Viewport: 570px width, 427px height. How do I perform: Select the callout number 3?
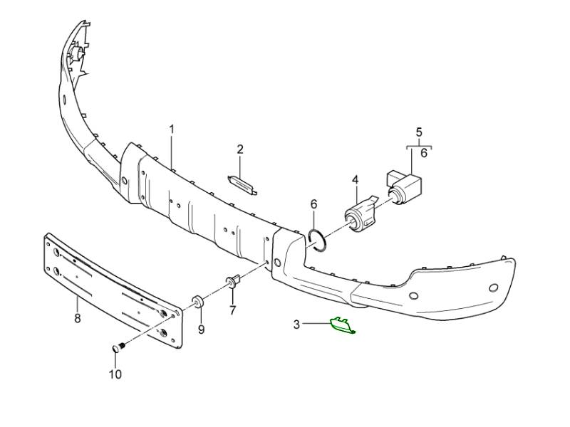(296, 325)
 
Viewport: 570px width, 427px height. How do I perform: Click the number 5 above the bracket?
(419, 132)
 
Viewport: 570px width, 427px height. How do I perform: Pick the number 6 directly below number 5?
(424, 152)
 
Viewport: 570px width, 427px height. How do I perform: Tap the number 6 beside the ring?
(313, 204)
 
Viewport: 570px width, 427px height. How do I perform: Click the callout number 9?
(201, 329)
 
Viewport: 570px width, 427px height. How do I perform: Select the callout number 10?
(115, 374)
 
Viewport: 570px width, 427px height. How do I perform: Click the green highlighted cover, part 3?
(341, 325)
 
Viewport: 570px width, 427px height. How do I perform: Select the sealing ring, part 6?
(318, 241)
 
